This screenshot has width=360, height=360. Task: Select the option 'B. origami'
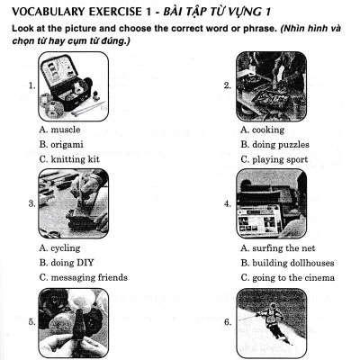point(65,145)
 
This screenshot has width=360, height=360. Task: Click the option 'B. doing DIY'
point(67,263)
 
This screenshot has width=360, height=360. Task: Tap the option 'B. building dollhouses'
point(287,263)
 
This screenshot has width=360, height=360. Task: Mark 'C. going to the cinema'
point(287,277)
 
